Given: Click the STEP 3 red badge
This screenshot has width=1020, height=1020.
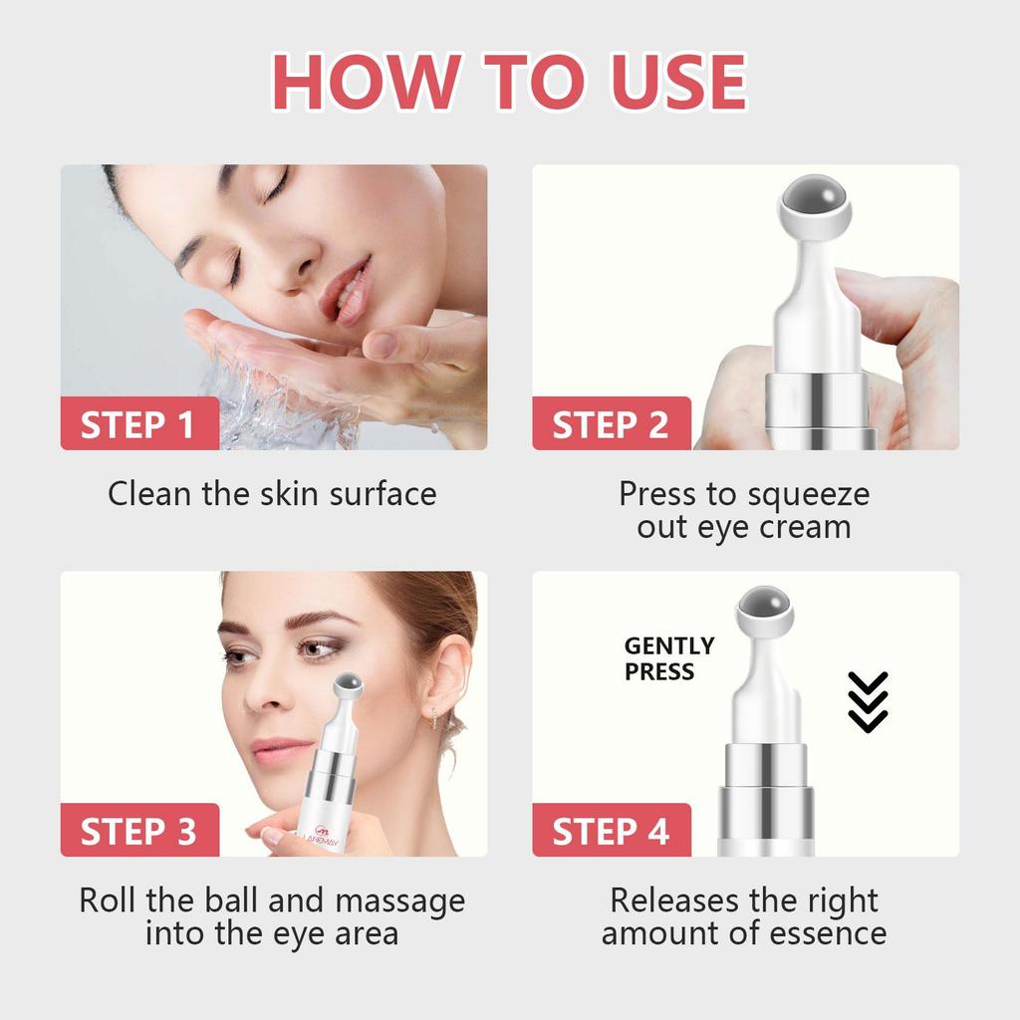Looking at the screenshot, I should [x=138, y=832].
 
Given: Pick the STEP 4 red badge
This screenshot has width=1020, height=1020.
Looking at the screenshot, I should [x=611, y=832].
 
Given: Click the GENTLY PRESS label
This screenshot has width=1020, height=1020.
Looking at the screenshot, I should [x=669, y=659].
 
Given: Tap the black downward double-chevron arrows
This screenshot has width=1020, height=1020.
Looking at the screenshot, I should [x=867, y=702].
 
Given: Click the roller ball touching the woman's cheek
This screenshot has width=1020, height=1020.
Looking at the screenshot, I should [x=348, y=685].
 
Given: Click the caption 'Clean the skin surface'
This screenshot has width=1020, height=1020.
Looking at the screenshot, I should [x=272, y=494].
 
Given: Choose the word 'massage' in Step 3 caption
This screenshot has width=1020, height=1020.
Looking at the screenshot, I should [x=399, y=900].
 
